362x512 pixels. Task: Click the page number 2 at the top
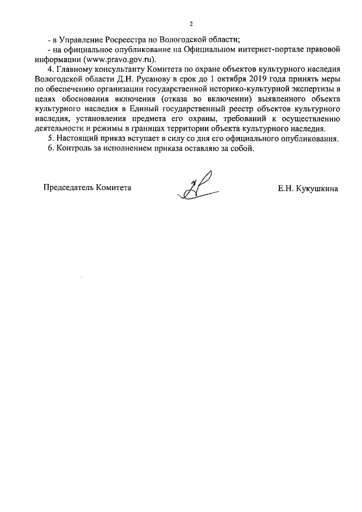click(x=191, y=24)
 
